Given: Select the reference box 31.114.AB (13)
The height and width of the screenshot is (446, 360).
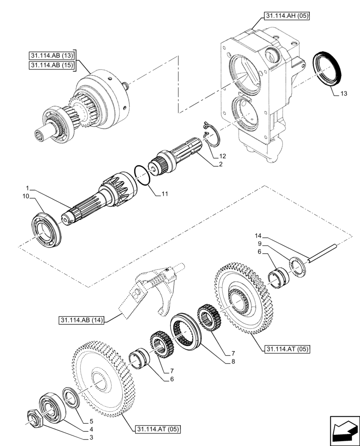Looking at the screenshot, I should (52, 56).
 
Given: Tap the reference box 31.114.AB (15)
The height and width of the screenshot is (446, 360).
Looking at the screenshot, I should (52, 66).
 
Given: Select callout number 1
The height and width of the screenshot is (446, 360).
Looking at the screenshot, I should (27, 187).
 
